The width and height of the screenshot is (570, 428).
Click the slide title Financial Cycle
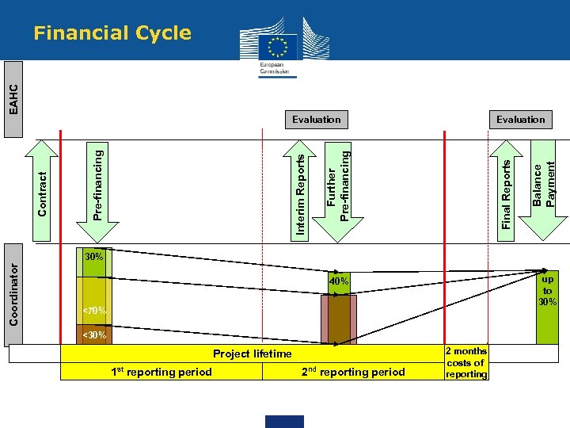tap(112, 33)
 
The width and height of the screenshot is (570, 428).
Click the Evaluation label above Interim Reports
tap(316, 120)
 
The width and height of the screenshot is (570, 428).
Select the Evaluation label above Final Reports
tap(520, 120)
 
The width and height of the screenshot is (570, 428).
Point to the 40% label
tap(339, 282)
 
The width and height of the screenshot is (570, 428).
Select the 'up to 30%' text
tap(547, 290)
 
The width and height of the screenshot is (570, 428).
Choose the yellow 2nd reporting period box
tap(353, 372)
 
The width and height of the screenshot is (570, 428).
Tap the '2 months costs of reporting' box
tap(466, 362)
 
